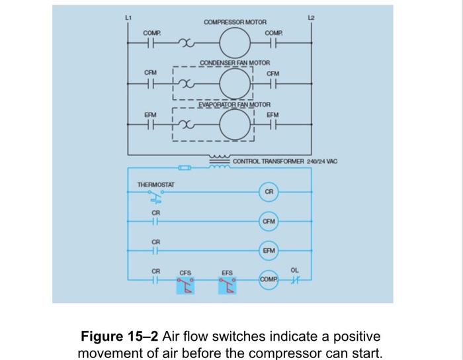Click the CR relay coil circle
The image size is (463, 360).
coord(269,191)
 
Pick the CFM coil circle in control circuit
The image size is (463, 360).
coord(269,221)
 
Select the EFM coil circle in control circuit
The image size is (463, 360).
coord(269,251)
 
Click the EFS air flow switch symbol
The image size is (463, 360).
coord(228,284)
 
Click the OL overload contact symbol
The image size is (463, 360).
coord(294,281)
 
